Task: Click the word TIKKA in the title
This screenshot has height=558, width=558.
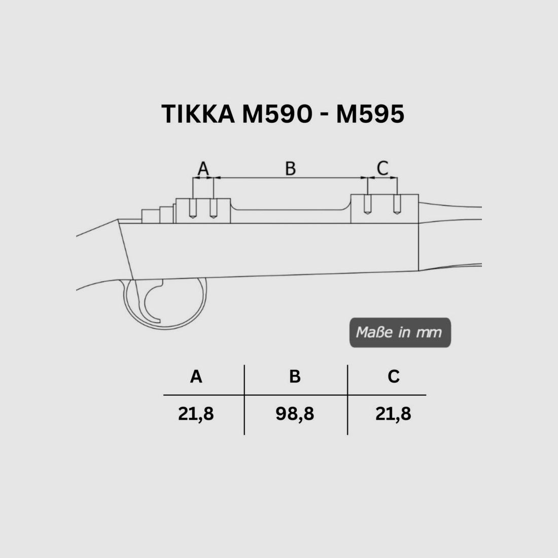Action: tap(197, 114)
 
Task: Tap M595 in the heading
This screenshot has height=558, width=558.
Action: tap(370, 114)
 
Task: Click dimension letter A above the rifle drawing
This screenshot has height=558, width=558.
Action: tap(203, 168)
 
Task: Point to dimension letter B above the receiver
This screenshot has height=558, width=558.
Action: tap(290, 168)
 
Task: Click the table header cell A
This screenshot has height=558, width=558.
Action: tap(196, 377)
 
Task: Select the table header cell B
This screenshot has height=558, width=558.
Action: tap(295, 377)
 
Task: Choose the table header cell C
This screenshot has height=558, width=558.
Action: tap(393, 377)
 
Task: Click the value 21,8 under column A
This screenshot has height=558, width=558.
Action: tap(196, 414)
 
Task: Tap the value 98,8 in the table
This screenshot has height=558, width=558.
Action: tap(295, 414)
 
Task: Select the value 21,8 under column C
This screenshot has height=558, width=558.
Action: tap(393, 414)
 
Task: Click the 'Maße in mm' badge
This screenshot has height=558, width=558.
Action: tap(400, 333)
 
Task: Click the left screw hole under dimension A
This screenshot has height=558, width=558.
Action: tap(193, 209)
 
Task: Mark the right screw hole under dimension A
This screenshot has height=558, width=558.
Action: tap(214, 209)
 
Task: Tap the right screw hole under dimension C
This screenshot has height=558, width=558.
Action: tap(397, 205)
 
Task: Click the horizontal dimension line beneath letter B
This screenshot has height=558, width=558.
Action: tap(290, 178)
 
